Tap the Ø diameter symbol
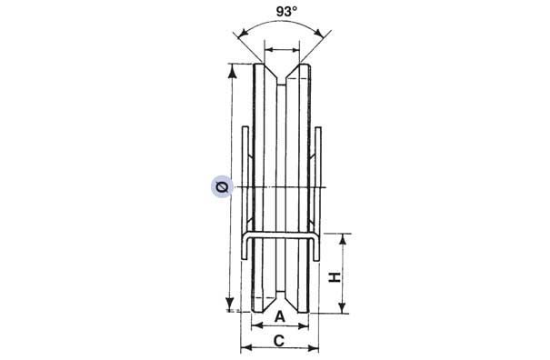[x=222, y=187]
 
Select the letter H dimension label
[x=335, y=277]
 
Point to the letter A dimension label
[x=280, y=316]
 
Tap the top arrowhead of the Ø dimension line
[x=232, y=68]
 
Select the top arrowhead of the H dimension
[x=344, y=237]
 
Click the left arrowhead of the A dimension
[x=253, y=325]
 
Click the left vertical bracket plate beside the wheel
[x=245, y=182]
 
